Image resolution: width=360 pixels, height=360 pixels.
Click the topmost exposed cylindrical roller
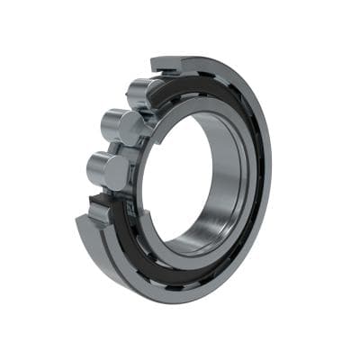144,93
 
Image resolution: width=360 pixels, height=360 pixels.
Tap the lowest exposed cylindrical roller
107,168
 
